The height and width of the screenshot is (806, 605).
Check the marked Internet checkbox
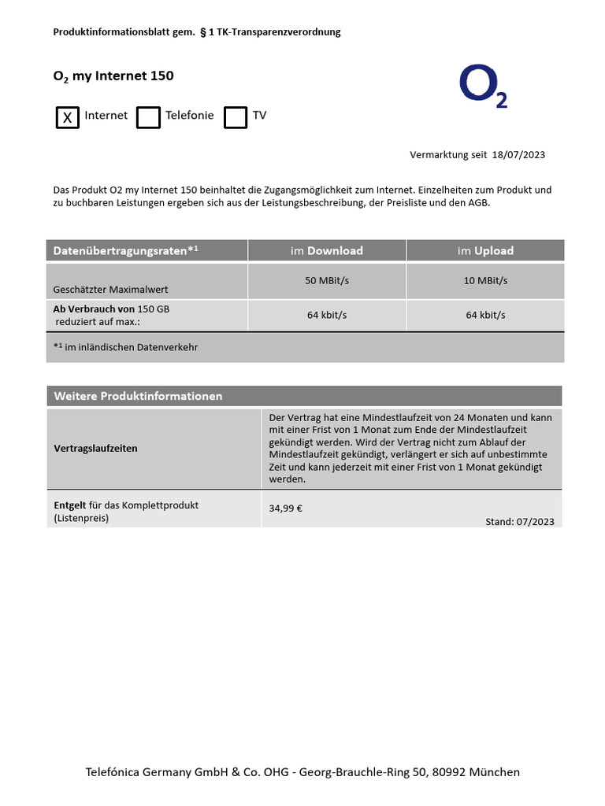68,117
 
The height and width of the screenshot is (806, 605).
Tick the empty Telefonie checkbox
148,117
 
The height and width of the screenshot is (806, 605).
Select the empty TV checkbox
236,117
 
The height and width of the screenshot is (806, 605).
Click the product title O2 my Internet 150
113,76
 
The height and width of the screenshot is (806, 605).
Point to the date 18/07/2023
518,155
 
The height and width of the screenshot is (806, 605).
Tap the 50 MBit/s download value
327,281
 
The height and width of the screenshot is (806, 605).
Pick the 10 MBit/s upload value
485,281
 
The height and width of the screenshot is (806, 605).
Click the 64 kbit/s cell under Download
327,315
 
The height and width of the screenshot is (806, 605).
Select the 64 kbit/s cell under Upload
485,315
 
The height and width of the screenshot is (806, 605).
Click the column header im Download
327,251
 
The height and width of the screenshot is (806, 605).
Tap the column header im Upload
485,251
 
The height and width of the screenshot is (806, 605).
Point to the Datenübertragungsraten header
125,251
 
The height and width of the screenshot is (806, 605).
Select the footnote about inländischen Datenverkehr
125,347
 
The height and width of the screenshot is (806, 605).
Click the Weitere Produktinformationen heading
138,396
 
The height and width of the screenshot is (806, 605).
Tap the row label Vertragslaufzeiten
95,449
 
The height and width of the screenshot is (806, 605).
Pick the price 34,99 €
286,508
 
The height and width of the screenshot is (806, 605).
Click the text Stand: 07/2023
520,522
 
